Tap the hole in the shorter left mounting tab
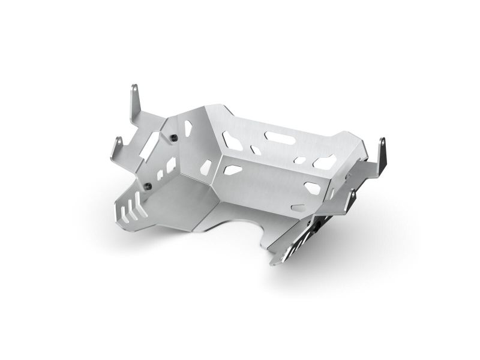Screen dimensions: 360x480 coord(119,142)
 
